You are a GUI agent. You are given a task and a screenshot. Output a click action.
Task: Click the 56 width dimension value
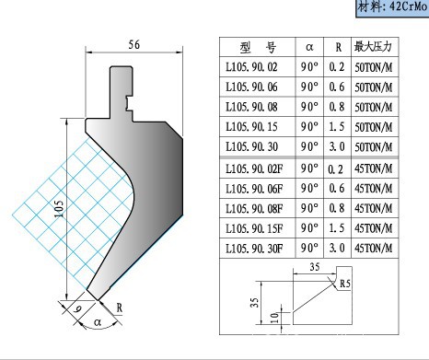[x=134, y=45]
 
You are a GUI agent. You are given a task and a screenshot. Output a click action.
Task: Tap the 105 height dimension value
[x=59, y=208]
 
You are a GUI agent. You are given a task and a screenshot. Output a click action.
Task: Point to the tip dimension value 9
[x=78, y=308]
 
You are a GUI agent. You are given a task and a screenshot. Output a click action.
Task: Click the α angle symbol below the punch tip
[x=98, y=322]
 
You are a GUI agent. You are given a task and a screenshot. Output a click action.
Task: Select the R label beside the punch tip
[x=120, y=308]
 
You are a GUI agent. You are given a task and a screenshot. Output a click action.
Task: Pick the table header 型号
[x=258, y=47]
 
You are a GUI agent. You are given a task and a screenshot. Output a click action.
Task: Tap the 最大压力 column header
[x=373, y=47]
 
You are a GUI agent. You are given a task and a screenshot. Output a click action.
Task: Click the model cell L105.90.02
[x=251, y=67]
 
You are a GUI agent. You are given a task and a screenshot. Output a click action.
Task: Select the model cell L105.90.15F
[x=254, y=228]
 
